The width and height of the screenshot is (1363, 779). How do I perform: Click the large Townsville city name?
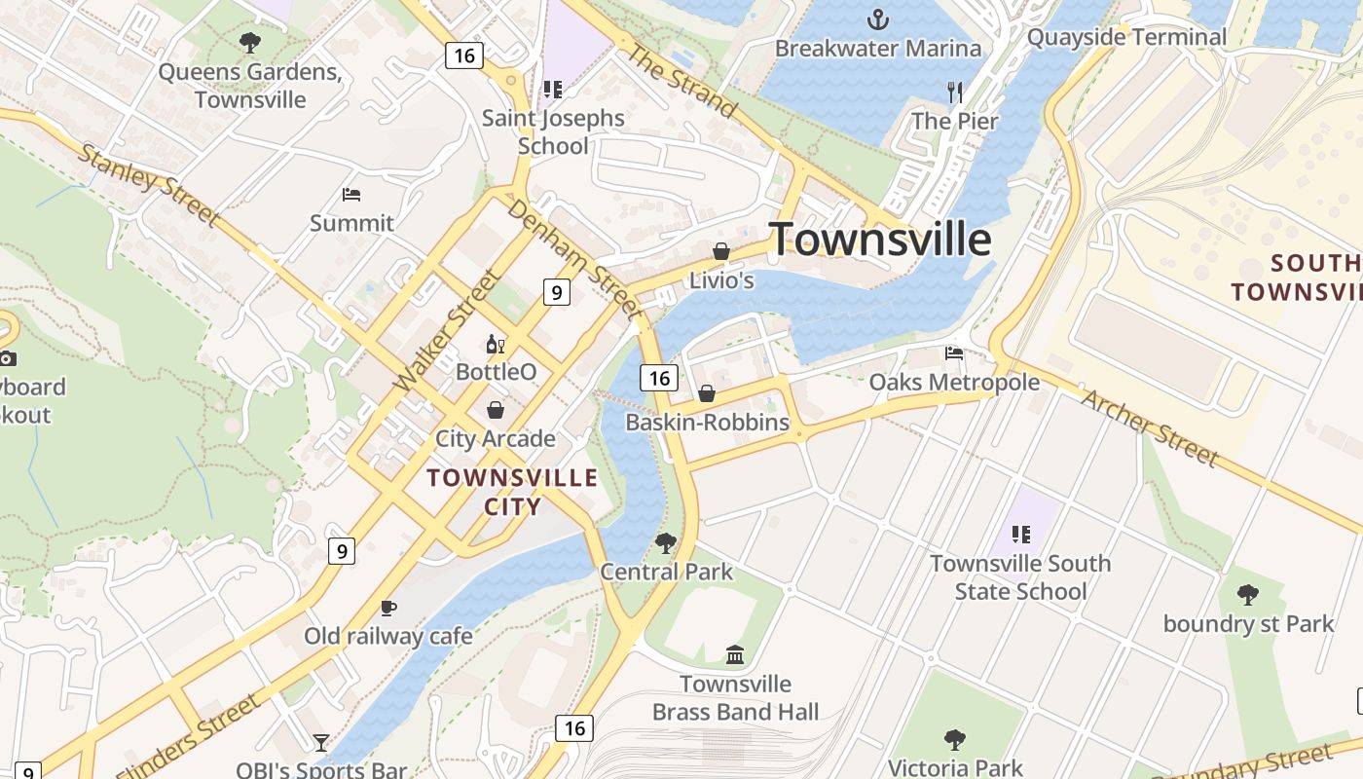tap(880, 240)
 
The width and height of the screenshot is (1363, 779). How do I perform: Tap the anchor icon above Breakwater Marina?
tap(878, 19)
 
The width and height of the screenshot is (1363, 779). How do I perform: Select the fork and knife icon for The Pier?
tap(955, 93)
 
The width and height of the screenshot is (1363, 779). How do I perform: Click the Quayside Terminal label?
tap(1127, 37)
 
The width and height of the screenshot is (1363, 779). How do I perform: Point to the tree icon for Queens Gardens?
tap(250, 43)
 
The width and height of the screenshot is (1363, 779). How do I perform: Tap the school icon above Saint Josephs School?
tap(552, 90)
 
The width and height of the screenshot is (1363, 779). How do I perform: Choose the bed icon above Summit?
tap(351, 195)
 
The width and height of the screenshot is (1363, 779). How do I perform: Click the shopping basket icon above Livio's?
tap(721, 251)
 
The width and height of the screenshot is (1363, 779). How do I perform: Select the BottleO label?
tap(497, 372)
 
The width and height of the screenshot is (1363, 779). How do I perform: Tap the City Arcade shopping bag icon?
tap(496, 410)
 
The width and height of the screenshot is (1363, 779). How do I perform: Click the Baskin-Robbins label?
tap(707, 423)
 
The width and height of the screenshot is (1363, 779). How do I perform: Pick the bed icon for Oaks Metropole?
tap(954, 352)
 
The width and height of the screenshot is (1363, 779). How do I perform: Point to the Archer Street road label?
tap(1150, 427)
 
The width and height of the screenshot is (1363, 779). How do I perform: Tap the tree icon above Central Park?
tap(666, 542)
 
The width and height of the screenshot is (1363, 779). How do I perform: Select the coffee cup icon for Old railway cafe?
tap(388, 608)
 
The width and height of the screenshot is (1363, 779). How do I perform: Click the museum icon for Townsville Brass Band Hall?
tap(735, 654)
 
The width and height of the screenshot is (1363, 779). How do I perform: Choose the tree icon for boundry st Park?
tap(1248, 594)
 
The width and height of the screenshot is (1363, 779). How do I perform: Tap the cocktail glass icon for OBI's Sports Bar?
tap(321, 743)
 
